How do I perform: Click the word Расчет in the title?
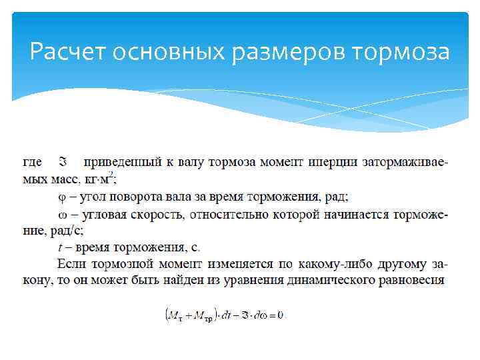[x=69, y=51]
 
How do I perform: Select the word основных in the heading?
[x=170, y=51]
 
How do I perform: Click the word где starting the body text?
[x=33, y=162]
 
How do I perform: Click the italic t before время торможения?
[x=61, y=248]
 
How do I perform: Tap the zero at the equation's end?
[x=281, y=315]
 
